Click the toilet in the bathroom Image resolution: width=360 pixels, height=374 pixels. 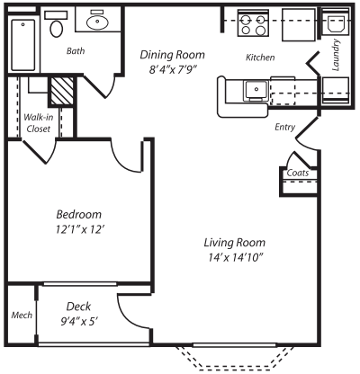[x=56, y=24]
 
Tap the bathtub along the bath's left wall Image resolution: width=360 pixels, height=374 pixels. [x=23, y=45]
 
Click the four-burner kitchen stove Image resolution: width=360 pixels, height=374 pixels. [x=253, y=23]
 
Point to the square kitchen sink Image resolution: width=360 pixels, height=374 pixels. [x=256, y=89]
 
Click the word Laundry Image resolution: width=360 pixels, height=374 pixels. [x=336, y=55]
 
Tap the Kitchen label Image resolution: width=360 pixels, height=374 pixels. [x=260, y=58]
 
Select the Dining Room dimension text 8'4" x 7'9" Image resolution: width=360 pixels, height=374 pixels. [x=173, y=70]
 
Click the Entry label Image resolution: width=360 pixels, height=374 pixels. [x=284, y=127]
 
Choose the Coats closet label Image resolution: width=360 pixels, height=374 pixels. [x=298, y=173]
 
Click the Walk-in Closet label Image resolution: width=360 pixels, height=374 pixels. [x=39, y=123]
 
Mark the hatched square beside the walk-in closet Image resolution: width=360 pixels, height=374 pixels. [x=61, y=91]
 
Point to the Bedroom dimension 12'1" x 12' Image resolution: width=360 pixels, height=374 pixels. [x=80, y=229]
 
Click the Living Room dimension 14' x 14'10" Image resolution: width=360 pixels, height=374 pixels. [x=236, y=257]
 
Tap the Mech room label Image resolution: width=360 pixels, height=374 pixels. [x=22, y=315]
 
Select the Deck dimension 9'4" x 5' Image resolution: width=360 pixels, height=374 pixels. [x=79, y=322]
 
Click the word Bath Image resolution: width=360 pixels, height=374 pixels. [x=76, y=51]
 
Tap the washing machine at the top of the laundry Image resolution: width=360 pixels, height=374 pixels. [x=336, y=22]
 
